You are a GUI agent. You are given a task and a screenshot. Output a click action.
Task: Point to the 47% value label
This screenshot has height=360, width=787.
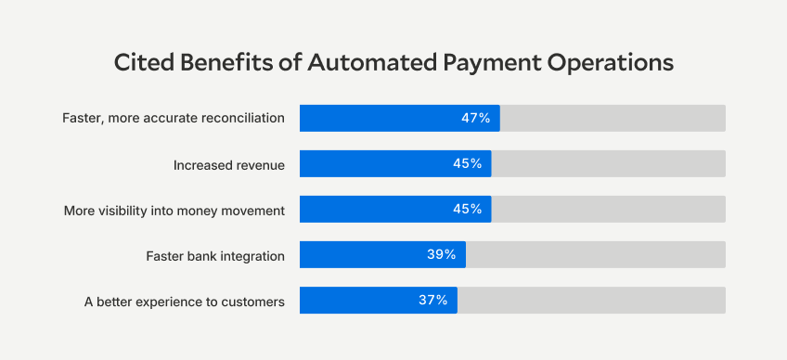(x=475, y=118)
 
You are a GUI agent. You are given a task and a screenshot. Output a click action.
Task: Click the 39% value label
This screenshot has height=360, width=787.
(x=441, y=254)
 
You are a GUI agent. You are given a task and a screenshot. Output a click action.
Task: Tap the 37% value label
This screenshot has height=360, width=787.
(x=432, y=300)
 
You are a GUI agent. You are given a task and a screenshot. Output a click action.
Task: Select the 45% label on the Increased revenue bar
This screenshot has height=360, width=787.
(x=467, y=163)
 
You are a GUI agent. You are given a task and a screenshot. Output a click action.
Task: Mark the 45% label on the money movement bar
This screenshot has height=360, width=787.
(x=467, y=209)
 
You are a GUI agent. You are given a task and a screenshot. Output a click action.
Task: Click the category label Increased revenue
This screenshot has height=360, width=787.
(x=228, y=164)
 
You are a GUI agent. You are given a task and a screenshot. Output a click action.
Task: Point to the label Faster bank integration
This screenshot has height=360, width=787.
(x=215, y=255)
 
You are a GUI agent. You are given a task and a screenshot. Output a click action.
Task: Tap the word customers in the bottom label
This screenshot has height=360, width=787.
(x=251, y=301)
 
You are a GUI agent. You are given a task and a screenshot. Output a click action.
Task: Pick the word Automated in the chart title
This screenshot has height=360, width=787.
(x=358, y=62)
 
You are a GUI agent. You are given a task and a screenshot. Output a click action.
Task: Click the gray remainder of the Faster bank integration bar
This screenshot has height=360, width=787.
(x=595, y=254)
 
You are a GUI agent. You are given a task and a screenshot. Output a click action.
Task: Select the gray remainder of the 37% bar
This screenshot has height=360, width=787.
(x=591, y=300)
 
